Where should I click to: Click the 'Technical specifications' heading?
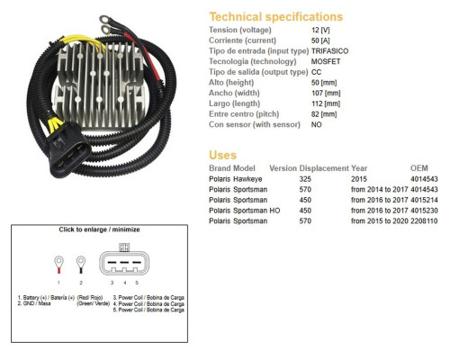[x=276, y=17]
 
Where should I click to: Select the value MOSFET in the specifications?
[x=326, y=61]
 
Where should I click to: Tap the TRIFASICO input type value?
[x=329, y=51]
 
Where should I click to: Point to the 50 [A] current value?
[x=320, y=40]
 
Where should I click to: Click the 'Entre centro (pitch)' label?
[x=244, y=114]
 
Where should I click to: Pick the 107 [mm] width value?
[x=326, y=93]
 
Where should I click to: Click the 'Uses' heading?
[x=222, y=155]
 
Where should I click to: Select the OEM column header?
[x=419, y=168]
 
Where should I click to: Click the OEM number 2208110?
[x=424, y=221]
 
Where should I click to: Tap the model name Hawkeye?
[x=247, y=179]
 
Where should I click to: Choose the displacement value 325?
[x=305, y=179]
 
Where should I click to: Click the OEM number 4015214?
[x=424, y=200]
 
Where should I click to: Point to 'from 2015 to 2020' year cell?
[x=380, y=221]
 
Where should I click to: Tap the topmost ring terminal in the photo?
[x=104, y=20]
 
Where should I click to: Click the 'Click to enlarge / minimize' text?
[x=99, y=229]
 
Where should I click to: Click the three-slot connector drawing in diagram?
[x=124, y=262]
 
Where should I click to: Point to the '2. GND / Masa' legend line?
[x=34, y=303]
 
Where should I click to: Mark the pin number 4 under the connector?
[x=125, y=283]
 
